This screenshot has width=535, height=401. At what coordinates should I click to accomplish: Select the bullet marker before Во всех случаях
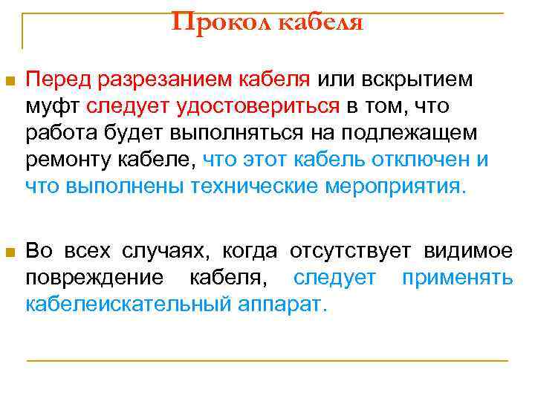[10, 252]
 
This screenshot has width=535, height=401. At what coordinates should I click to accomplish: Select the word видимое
[468, 251]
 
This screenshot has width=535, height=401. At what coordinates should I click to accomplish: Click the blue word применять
[457, 278]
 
